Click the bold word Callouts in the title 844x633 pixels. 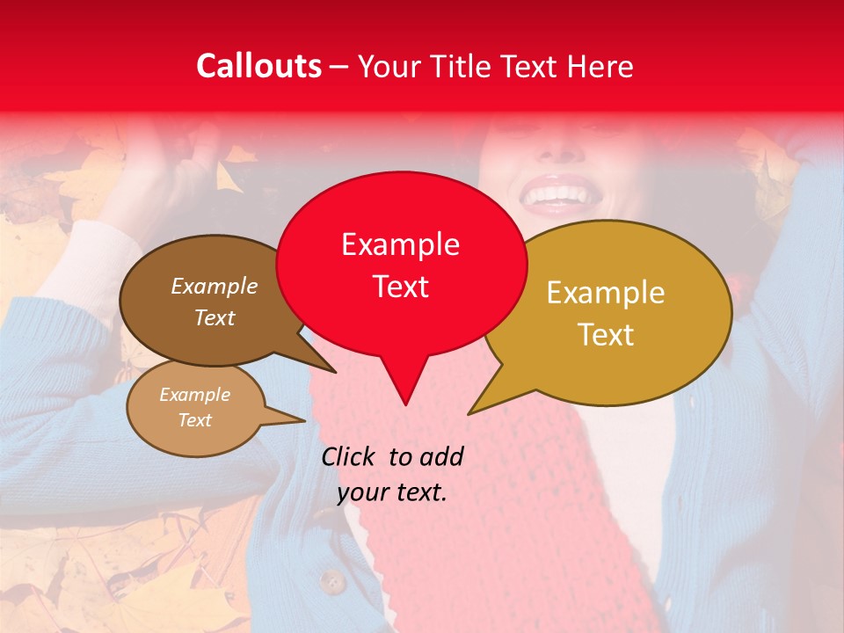point(258,66)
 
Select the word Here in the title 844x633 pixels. point(600,66)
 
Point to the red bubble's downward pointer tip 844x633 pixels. point(405,404)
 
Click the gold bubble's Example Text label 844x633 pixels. point(606,313)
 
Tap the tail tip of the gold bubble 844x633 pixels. point(469,413)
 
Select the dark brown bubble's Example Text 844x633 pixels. point(215,302)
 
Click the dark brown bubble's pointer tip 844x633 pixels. point(335,372)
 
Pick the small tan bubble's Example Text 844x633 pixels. point(195,407)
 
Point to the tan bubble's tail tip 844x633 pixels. point(304,420)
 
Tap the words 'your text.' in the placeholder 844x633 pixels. point(392,492)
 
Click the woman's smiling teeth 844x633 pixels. point(556,193)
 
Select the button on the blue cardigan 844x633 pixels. point(331,581)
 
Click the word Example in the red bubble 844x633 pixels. point(401,244)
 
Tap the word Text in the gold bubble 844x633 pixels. point(606,334)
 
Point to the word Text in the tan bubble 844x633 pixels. point(195,420)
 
